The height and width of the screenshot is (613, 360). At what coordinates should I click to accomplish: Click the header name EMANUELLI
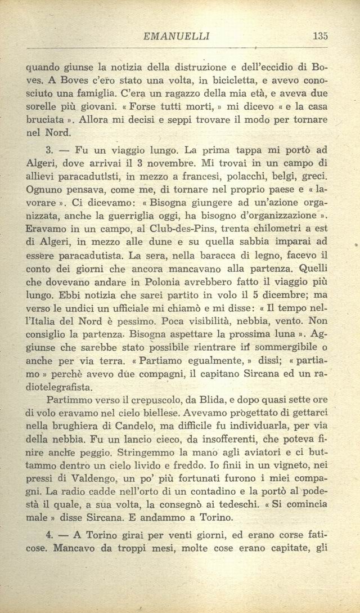tap(177, 37)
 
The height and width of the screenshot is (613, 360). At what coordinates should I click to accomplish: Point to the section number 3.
tap(48, 151)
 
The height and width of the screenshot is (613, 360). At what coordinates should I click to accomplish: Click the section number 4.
tap(48, 533)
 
